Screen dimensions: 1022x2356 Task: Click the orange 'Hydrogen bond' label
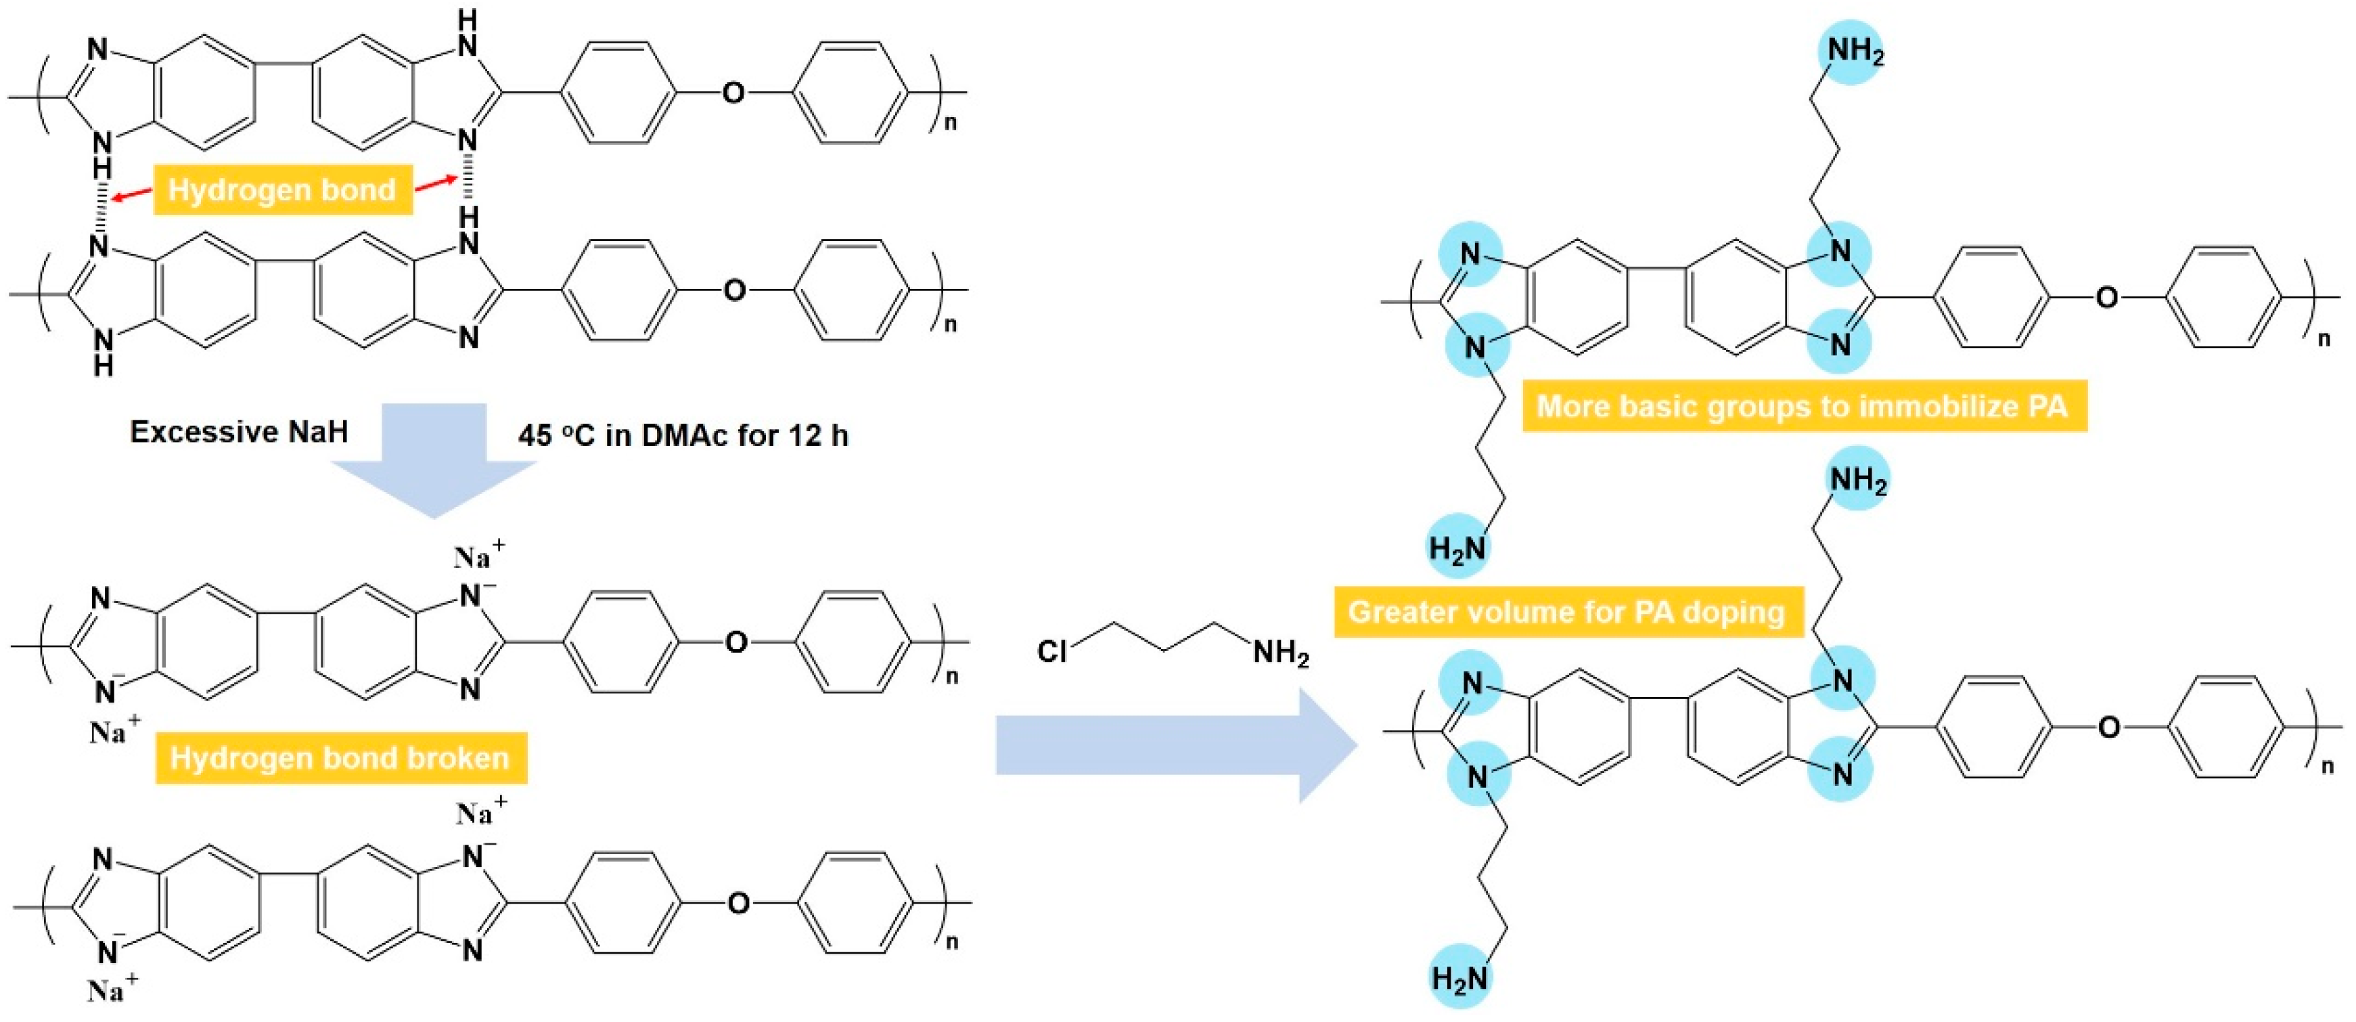(x=281, y=190)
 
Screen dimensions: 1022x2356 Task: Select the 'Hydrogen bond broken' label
(x=339, y=757)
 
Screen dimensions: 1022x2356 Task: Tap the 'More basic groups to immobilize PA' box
(x=1804, y=405)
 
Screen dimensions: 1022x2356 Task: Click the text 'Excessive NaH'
(x=239, y=432)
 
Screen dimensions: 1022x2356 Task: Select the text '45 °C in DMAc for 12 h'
(x=682, y=435)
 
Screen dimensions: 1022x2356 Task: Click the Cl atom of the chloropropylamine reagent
(x=1051, y=652)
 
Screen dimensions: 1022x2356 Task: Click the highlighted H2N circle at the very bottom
(x=1459, y=978)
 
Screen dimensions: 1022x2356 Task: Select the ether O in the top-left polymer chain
(x=733, y=93)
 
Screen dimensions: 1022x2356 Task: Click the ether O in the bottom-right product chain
(x=2108, y=728)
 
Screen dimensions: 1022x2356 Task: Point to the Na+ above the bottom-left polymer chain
(x=481, y=812)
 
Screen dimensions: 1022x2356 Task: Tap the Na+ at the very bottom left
(x=114, y=990)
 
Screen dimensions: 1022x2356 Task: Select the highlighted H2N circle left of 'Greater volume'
(x=1458, y=548)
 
